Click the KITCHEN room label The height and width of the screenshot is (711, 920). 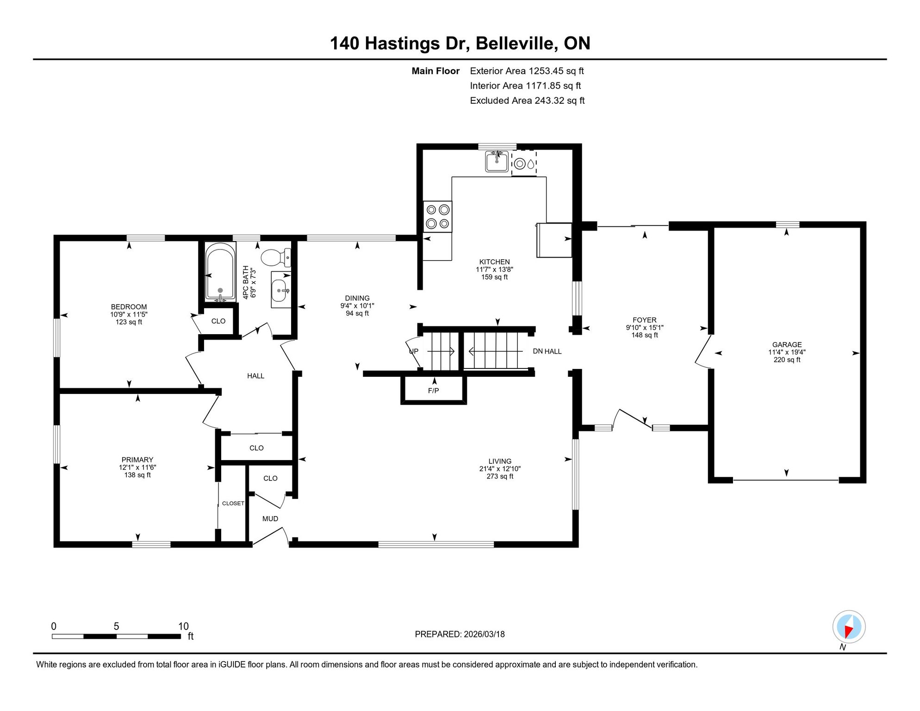pos(494,262)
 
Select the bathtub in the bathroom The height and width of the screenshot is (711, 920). pos(220,272)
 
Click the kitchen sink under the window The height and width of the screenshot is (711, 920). pos(497,162)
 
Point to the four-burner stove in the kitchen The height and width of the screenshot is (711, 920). pos(437,217)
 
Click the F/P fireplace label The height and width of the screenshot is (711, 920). pos(434,391)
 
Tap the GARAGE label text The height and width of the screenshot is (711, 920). pos(787,345)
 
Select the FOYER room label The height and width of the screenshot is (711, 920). pos(645,320)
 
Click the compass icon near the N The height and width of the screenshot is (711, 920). pos(849,627)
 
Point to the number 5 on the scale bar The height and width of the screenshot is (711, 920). pos(117,626)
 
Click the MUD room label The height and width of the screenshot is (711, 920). pos(270,519)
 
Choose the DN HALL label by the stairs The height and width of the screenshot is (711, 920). pos(547,351)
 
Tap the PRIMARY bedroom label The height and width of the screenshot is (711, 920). pos(137,460)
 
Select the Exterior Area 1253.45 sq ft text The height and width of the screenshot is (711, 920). pos(527,71)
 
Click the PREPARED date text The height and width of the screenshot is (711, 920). pos(460,634)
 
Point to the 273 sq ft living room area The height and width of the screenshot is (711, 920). pos(500,476)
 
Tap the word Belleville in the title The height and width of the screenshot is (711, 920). pos(516,43)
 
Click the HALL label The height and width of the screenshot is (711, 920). pos(255,376)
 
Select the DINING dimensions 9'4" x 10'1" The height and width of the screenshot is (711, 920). pos(357,306)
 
